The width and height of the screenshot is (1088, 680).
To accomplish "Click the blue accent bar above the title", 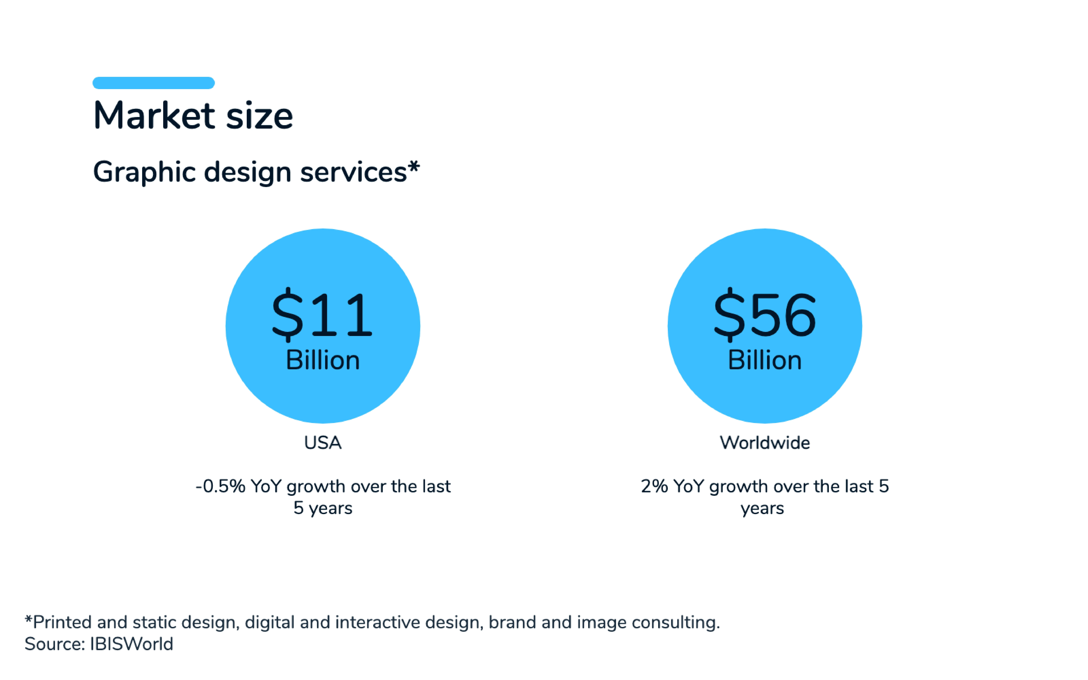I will (153, 83).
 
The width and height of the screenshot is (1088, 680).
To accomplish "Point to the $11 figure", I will (322, 315).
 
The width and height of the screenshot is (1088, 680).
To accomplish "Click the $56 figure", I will (765, 315).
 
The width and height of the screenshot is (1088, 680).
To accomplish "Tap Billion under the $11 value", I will (322, 360).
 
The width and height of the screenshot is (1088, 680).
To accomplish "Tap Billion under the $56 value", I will (765, 360).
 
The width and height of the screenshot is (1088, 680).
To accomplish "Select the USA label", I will (322, 443).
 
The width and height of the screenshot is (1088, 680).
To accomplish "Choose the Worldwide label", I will (765, 443).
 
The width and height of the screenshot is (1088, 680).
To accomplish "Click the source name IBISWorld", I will (131, 644).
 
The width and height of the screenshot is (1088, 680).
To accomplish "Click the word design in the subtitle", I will (247, 172).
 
